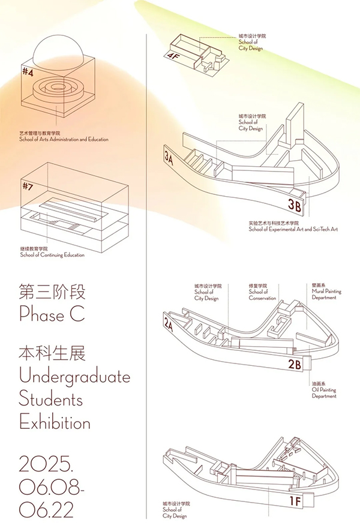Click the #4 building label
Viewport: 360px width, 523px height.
(28, 72)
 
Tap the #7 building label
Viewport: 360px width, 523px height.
(28, 186)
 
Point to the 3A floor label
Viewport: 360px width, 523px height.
(169, 158)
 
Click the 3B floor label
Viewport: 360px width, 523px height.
(295, 205)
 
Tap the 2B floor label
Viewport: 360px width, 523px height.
(295, 364)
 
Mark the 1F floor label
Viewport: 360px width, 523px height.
(295, 501)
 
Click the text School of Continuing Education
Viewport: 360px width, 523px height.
(52, 255)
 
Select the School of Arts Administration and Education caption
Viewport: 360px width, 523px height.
(64, 139)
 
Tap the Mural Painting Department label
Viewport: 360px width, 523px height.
(326, 291)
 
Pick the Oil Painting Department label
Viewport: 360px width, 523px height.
(324, 390)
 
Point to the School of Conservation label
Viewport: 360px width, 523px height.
(262, 292)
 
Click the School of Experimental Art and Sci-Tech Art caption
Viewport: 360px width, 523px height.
(293, 229)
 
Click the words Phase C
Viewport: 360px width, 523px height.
(52, 314)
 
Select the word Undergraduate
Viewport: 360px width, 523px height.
(75, 377)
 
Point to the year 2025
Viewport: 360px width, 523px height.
(46, 464)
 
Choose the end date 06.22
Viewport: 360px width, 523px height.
(46, 509)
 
